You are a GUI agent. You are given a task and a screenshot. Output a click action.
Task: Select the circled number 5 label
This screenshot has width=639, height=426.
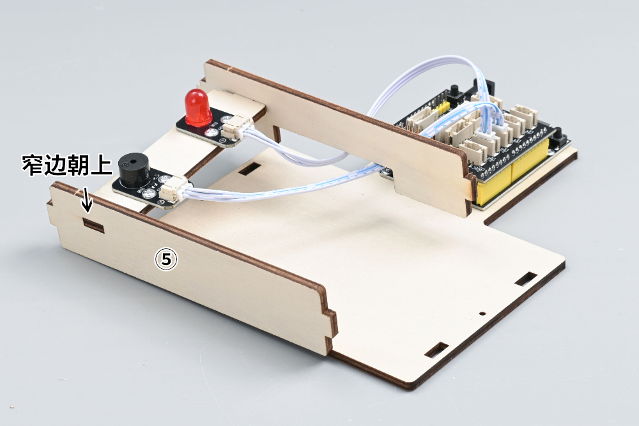click(x=166, y=259)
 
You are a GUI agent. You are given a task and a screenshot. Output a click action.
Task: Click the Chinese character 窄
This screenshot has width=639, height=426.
click(x=33, y=165)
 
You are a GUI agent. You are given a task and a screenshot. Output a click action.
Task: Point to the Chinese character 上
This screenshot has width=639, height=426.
click(x=100, y=165)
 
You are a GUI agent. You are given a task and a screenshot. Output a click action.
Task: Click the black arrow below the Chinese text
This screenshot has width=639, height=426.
click(x=87, y=200)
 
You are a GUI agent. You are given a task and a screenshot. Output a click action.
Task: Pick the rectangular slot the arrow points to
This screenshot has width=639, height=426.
click(x=93, y=225)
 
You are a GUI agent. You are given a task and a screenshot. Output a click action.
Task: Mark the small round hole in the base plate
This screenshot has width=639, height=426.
click(x=482, y=314)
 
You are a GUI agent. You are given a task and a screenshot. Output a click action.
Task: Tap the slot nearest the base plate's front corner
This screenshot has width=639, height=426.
click(x=436, y=350)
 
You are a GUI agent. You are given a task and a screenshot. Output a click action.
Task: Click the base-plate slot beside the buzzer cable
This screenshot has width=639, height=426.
click(x=249, y=169)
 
